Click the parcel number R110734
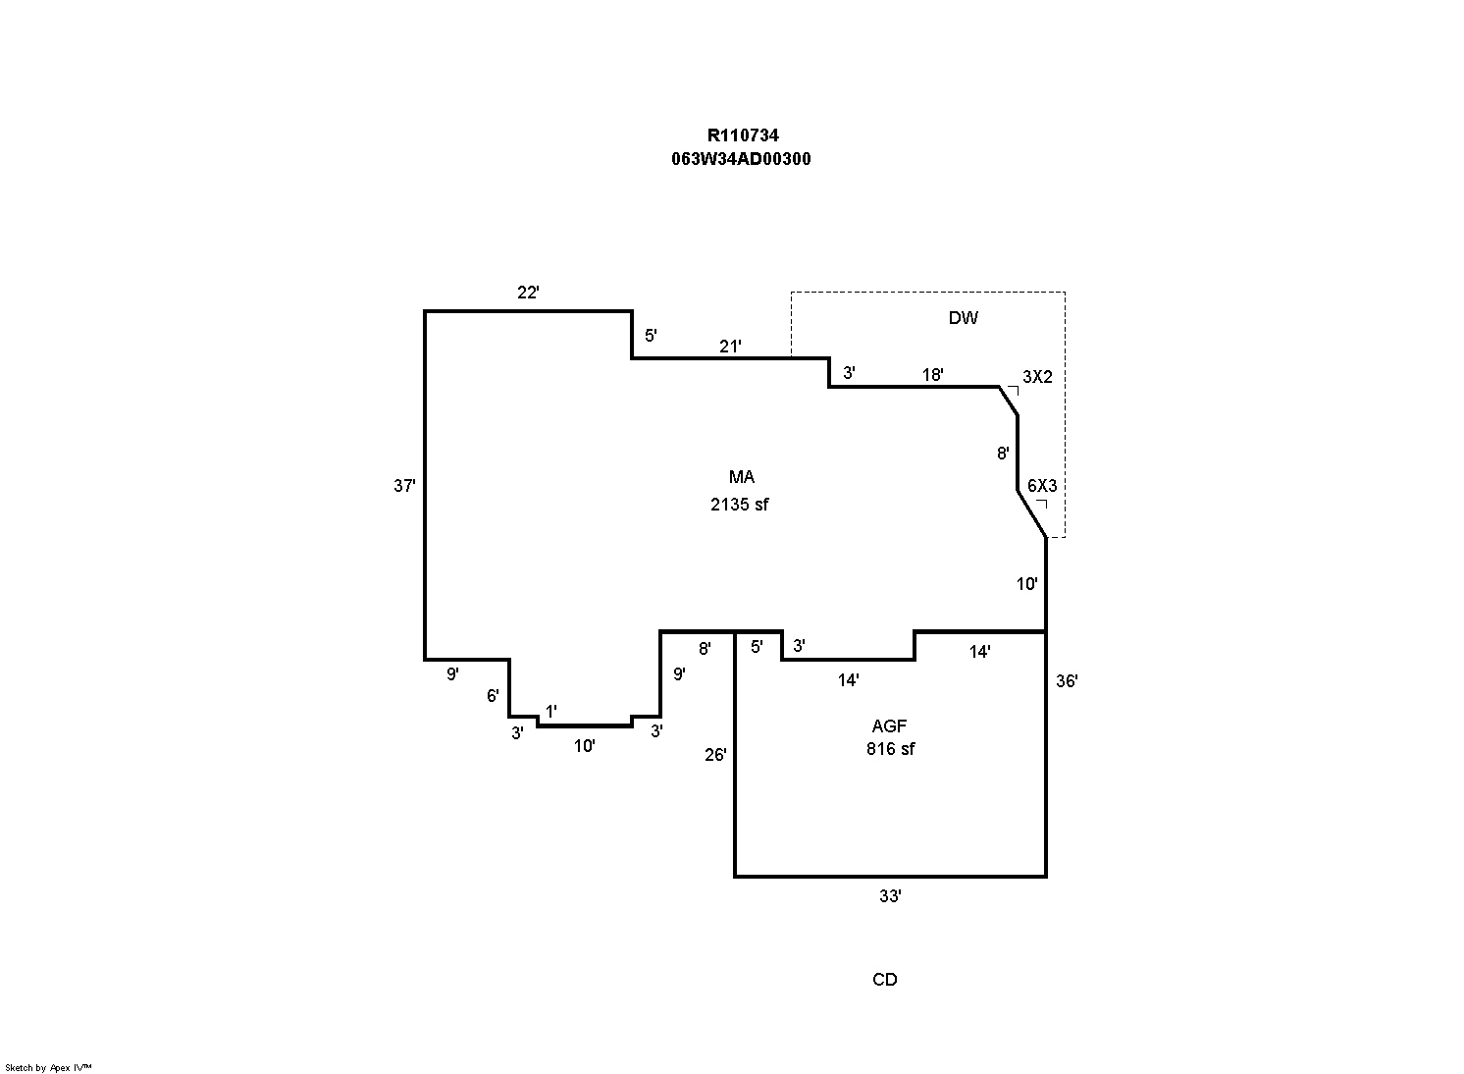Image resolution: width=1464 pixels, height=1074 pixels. (x=743, y=136)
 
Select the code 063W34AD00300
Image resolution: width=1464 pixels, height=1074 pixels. (x=742, y=159)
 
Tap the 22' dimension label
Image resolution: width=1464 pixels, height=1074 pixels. (x=529, y=292)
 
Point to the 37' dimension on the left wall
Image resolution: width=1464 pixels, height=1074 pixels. (x=404, y=485)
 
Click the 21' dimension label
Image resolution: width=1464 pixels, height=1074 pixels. (x=730, y=346)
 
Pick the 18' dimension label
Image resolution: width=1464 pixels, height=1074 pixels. (x=932, y=374)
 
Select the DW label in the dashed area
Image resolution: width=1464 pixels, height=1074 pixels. (x=963, y=318)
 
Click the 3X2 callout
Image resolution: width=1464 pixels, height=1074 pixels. (x=1037, y=376)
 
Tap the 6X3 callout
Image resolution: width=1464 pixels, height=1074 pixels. (x=1042, y=485)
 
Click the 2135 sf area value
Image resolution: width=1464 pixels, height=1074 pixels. (x=740, y=505)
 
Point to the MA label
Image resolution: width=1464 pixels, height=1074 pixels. (x=741, y=477)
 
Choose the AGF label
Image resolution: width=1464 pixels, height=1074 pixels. (x=889, y=726)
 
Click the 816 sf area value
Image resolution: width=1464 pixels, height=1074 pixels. (x=890, y=749)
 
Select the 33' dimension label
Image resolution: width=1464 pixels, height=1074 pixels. (x=890, y=896)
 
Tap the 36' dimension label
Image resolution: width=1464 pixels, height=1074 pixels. (x=1067, y=680)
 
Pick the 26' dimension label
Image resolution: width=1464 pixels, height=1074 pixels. (x=715, y=755)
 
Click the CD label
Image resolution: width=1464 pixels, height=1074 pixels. (x=884, y=980)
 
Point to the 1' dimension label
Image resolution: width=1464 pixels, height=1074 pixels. (x=551, y=711)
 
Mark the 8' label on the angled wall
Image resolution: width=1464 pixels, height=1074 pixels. (x=1003, y=454)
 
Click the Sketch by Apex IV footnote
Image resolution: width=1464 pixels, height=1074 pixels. (x=49, y=1067)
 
